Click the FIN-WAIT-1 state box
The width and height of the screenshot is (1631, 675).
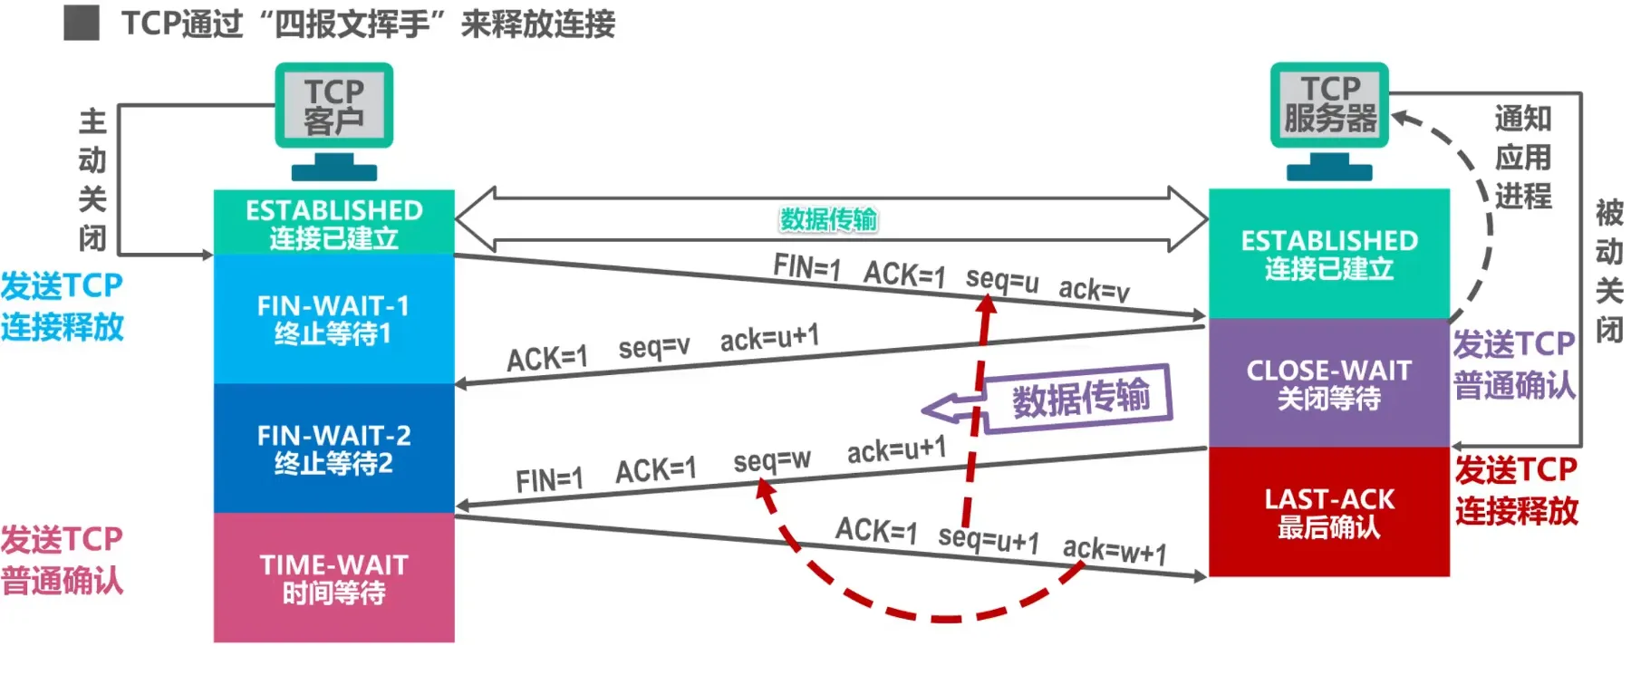333,319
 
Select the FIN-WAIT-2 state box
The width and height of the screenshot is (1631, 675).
333,448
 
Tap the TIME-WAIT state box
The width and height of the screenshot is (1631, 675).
333,578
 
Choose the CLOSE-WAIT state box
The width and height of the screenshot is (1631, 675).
1328,382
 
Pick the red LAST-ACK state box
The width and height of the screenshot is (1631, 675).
1328,512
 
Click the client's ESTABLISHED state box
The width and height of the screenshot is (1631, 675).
333,223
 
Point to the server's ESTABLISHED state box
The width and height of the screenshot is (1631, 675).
1328,254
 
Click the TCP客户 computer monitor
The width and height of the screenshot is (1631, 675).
333,106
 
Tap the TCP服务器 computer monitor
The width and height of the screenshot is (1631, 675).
1328,105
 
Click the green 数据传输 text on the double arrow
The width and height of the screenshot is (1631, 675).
828,219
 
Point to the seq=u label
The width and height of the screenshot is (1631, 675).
1001,279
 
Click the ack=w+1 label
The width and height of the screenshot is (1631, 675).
1115,550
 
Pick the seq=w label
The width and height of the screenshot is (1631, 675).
771,461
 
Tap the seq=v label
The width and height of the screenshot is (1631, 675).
653,346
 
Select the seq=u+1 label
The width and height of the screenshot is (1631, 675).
988,539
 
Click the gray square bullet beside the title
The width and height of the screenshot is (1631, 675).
82,23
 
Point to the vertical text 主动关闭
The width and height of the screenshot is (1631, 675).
92,179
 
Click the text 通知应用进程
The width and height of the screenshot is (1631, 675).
1522,157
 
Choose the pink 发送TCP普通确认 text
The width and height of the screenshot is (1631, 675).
62,560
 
